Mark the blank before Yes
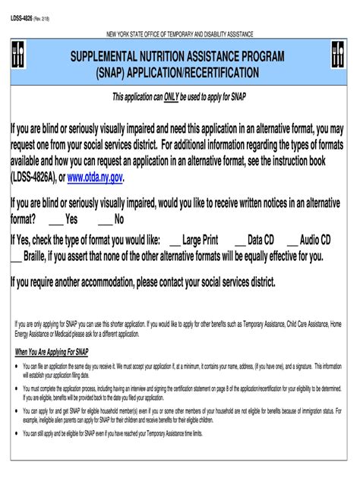(56, 220)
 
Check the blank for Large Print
(174, 240)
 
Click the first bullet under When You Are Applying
(17, 364)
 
